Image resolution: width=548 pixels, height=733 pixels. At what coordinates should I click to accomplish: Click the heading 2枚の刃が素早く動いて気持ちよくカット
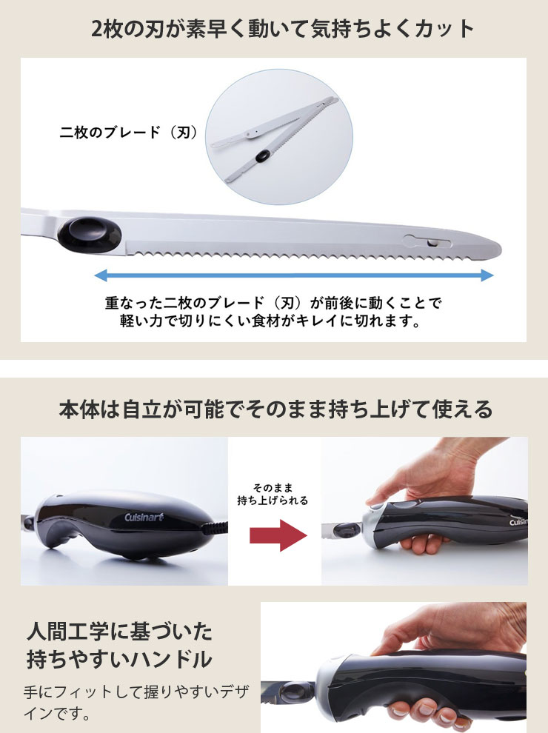(x=282, y=29)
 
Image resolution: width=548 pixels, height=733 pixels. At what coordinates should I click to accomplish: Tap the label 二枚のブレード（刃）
(x=129, y=133)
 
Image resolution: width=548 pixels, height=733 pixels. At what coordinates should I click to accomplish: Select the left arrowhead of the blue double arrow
(x=100, y=275)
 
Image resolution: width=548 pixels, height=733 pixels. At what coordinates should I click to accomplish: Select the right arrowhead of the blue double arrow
(x=488, y=275)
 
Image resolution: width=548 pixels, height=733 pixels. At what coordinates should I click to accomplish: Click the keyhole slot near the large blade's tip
(x=427, y=241)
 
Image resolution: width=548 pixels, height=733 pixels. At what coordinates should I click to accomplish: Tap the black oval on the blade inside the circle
(x=262, y=156)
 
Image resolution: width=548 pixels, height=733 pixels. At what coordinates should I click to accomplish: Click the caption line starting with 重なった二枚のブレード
(x=273, y=303)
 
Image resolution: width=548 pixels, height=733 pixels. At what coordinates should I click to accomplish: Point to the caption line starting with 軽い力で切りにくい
(x=270, y=321)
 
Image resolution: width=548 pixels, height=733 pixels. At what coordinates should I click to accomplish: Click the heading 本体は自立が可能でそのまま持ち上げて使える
(x=276, y=409)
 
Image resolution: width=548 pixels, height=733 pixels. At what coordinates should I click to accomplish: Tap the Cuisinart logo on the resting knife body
(x=144, y=517)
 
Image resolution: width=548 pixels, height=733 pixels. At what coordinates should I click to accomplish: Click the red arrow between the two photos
(x=278, y=535)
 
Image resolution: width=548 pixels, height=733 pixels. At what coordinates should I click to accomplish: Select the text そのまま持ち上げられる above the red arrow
(x=273, y=494)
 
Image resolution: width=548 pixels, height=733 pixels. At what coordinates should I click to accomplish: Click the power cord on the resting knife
(x=215, y=529)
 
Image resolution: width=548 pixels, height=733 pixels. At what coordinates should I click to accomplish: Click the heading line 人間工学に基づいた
(x=120, y=631)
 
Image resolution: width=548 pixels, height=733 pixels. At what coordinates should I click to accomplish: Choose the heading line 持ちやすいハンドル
(x=120, y=660)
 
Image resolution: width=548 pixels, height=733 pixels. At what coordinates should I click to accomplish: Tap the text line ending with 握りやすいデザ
(x=136, y=692)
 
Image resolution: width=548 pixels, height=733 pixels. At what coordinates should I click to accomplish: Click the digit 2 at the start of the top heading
(x=96, y=30)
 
